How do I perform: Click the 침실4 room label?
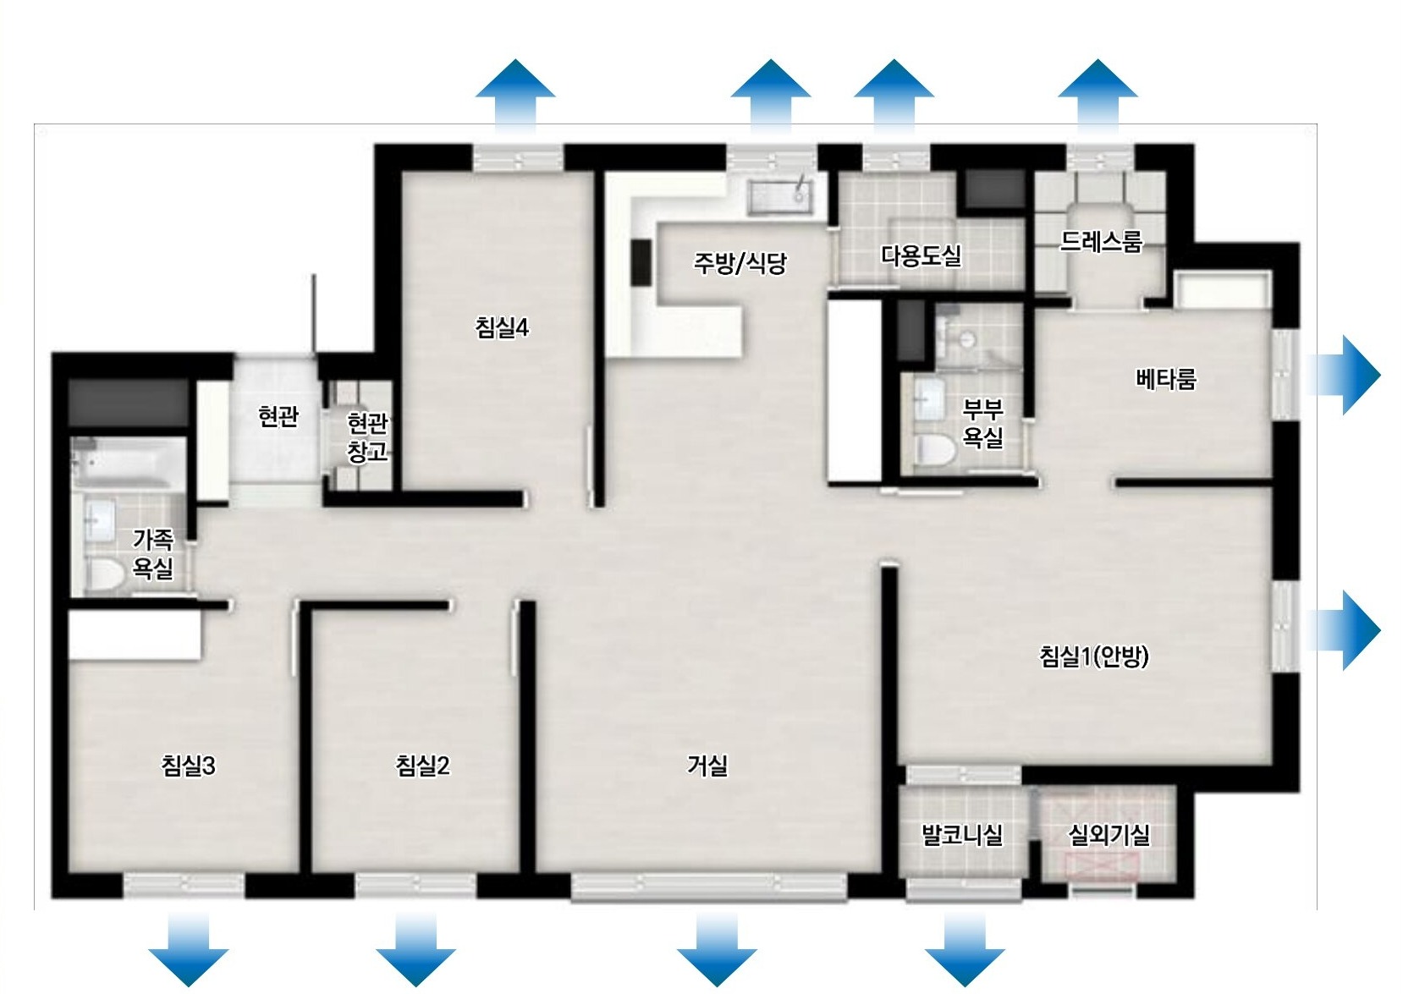pyautogui.click(x=502, y=327)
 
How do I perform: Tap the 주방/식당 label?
pyautogui.click(x=740, y=262)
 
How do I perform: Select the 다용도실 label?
pyautogui.click(x=921, y=255)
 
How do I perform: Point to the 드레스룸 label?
pyautogui.click(x=1101, y=241)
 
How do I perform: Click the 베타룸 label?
pyautogui.click(x=1165, y=379)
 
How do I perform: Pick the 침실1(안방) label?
pyautogui.click(x=1094, y=656)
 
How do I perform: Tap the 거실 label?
pyautogui.click(x=707, y=765)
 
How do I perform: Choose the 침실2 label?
pyautogui.click(x=422, y=766)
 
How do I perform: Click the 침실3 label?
pyautogui.click(x=188, y=766)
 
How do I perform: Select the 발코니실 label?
pyautogui.click(x=962, y=834)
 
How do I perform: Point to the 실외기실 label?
pyautogui.click(x=1109, y=834)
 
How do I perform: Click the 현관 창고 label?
pyautogui.click(x=367, y=437)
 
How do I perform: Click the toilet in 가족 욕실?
pyautogui.click(x=105, y=574)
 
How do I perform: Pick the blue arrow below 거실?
pyautogui.click(x=717, y=948)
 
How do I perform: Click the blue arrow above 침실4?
pyautogui.click(x=514, y=96)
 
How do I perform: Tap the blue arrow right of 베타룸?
pyautogui.click(x=1344, y=375)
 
